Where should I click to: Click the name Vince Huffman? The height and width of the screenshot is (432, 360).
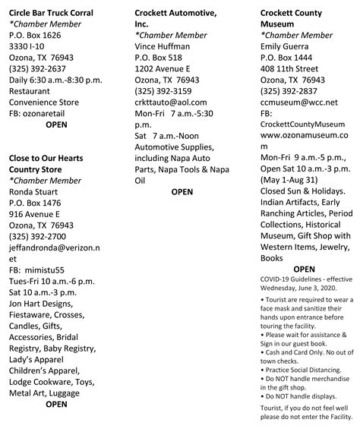(163, 46)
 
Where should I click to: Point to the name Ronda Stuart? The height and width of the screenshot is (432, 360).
(36, 191)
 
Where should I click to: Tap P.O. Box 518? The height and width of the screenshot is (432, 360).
(159, 58)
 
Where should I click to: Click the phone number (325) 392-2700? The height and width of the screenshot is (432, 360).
(39, 236)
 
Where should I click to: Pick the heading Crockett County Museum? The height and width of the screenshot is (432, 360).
(291, 19)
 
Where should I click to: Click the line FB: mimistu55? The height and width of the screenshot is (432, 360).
(37, 270)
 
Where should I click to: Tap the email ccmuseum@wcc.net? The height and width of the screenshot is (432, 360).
(299, 102)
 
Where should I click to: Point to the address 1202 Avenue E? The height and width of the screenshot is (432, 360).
(163, 68)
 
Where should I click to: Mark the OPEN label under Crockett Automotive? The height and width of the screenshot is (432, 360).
(182, 192)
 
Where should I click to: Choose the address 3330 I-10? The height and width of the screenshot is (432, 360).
(28, 46)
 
